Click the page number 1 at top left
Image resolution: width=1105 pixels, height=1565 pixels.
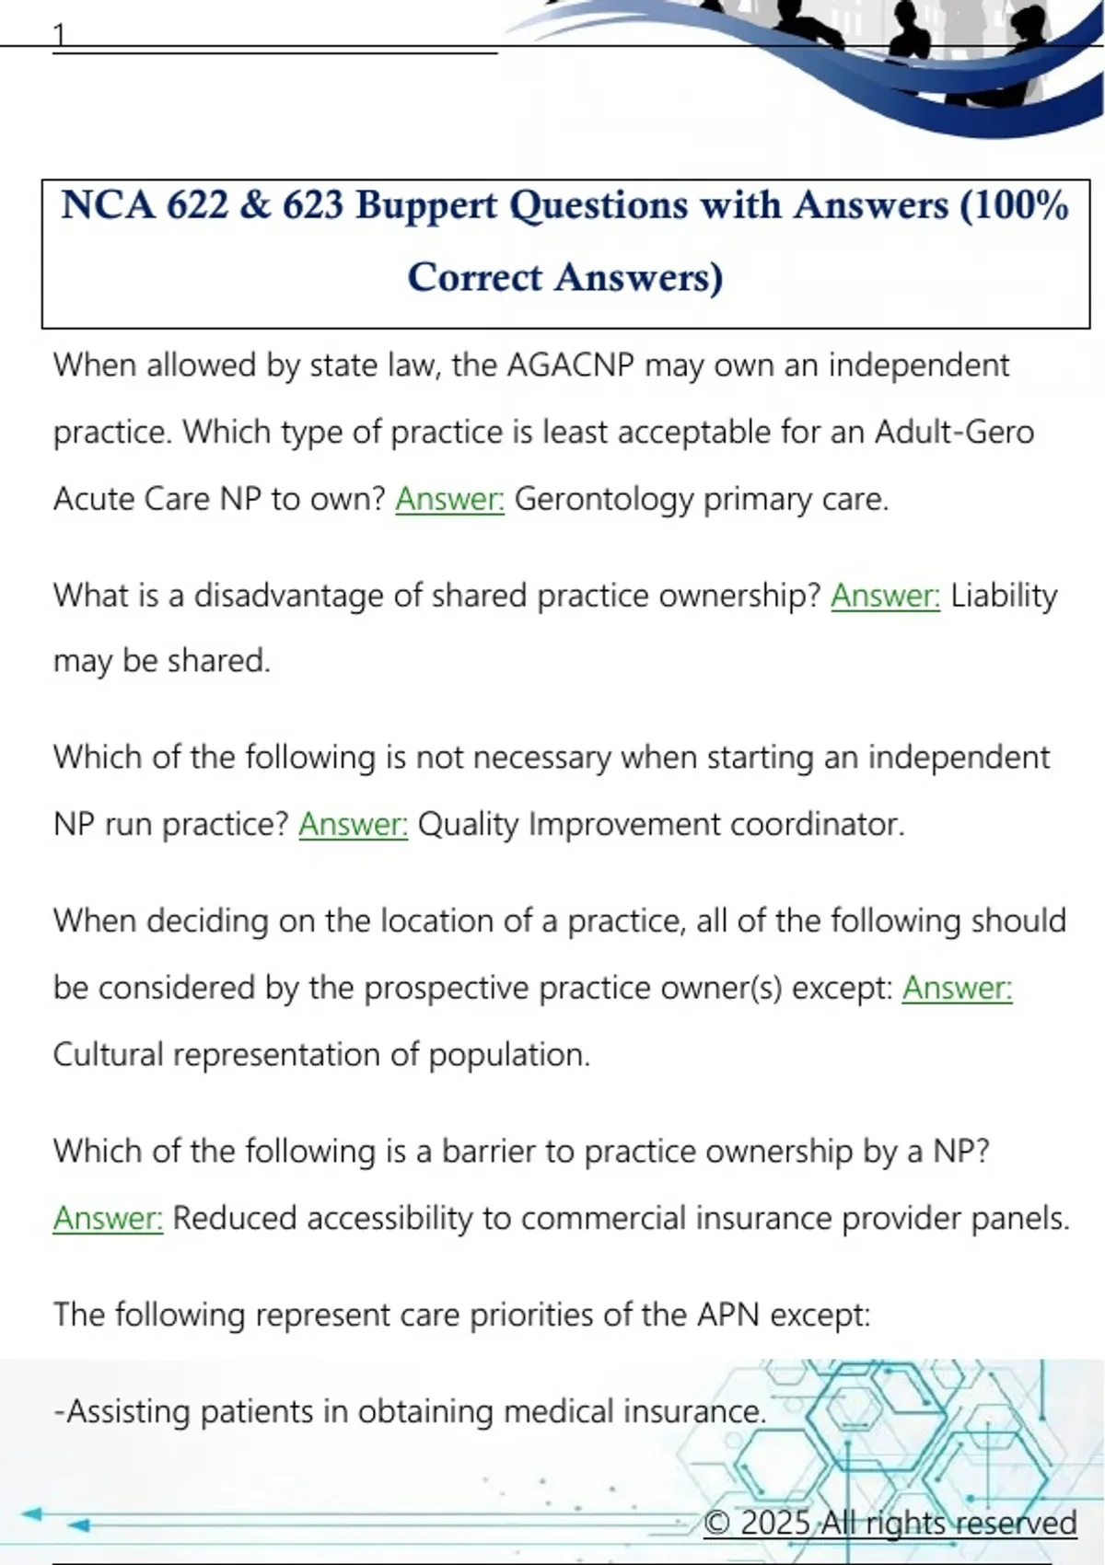point(60,35)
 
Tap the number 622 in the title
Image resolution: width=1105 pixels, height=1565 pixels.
point(197,205)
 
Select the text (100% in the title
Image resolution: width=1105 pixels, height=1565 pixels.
point(1013,205)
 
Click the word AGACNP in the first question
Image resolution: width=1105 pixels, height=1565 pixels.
point(571,365)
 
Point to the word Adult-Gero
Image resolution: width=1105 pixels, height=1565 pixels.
point(954,432)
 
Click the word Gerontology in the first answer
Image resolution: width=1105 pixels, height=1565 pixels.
point(603,499)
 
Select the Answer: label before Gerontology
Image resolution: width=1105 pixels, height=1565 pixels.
point(449,499)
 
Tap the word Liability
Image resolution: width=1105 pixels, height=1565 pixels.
point(1004,596)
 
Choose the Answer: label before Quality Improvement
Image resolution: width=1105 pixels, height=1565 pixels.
point(353,824)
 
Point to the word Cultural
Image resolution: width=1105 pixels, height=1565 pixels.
point(108,1054)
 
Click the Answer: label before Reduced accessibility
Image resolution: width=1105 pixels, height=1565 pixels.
point(108,1218)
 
